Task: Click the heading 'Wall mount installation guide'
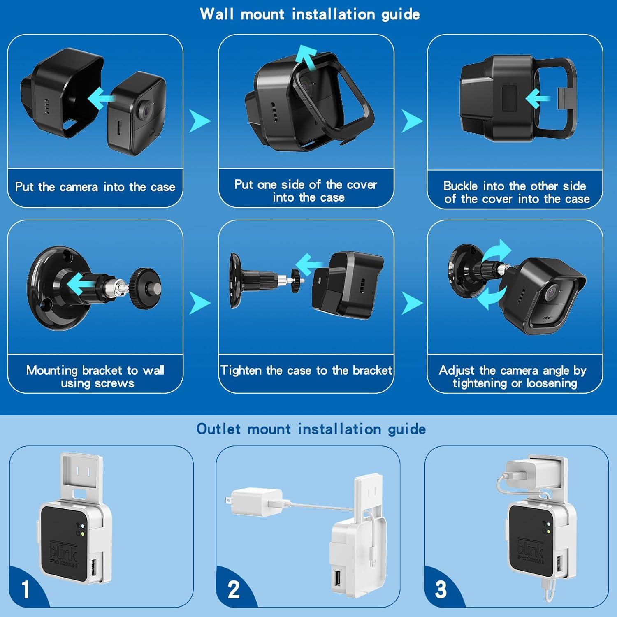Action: (310, 14)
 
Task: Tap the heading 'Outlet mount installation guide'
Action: (311, 429)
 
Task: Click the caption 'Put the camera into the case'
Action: (95, 187)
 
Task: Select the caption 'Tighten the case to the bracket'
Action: (306, 370)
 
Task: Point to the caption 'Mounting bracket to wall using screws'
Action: (95, 376)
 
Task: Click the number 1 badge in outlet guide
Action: (26, 589)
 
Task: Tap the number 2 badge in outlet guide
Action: (233, 589)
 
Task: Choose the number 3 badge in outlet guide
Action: (441, 589)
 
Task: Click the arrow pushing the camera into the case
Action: (101, 97)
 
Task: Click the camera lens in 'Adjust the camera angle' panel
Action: (552, 293)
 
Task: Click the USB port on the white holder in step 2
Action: (337, 578)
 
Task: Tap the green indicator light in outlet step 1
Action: (83, 534)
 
